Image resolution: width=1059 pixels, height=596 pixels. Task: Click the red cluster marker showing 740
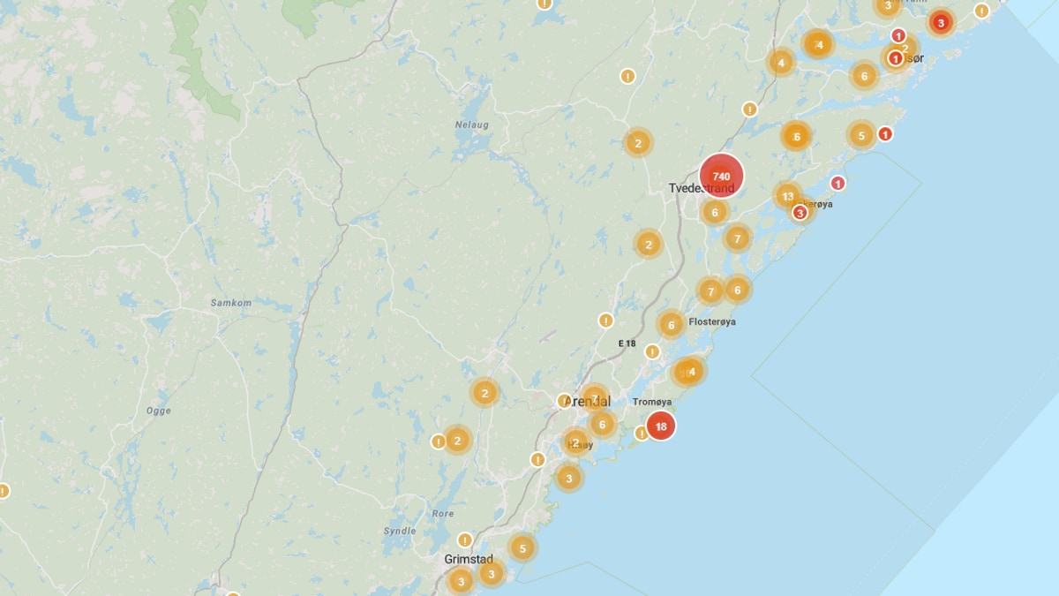(x=721, y=176)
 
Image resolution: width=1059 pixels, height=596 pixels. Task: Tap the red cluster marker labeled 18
(x=660, y=426)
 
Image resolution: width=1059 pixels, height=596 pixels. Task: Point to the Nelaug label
(x=471, y=124)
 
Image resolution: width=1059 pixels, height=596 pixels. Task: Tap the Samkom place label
(x=230, y=303)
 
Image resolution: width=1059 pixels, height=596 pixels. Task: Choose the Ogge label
(x=159, y=411)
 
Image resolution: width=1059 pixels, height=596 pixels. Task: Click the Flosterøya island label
(x=712, y=321)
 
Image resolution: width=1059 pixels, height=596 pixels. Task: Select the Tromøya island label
(x=652, y=402)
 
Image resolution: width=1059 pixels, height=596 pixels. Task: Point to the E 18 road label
(x=627, y=343)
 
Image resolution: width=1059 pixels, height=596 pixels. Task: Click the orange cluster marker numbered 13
(x=787, y=196)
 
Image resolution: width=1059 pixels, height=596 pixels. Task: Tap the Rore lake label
(x=443, y=513)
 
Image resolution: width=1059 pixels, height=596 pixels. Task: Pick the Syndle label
(x=400, y=531)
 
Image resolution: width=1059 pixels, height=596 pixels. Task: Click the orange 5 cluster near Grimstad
(x=522, y=548)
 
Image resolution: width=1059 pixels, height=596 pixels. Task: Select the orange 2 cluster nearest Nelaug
(x=637, y=142)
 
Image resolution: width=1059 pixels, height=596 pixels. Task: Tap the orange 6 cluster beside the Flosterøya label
(x=671, y=325)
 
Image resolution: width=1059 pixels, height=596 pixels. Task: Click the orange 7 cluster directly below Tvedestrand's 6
(x=737, y=238)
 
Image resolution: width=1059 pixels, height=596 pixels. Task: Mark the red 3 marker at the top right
(x=941, y=23)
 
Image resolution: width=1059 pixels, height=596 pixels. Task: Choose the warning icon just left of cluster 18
(x=642, y=434)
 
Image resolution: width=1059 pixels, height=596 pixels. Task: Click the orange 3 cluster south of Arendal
(x=569, y=479)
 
